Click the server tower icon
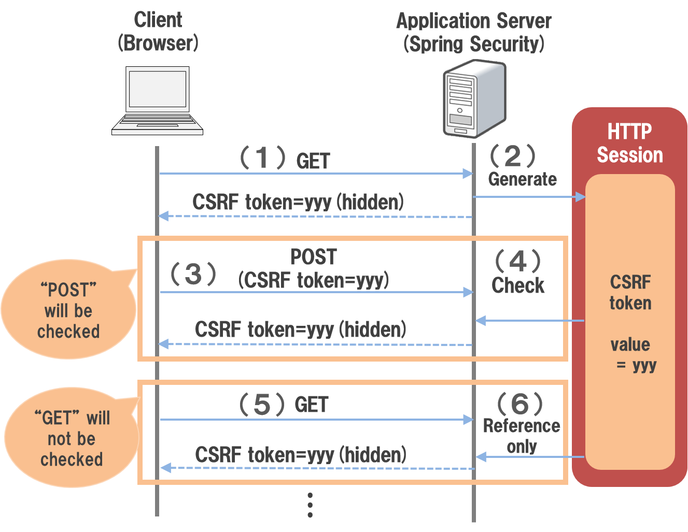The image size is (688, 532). click(x=473, y=99)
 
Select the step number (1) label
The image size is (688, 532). click(x=262, y=157)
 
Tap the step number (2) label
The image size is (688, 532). click(x=512, y=156)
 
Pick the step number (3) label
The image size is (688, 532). click(x=193, y=274)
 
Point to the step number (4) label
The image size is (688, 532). click(x=517, y=261)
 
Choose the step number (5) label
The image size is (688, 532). click(x=262, y=405)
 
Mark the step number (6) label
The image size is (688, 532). click(x=519, y=404)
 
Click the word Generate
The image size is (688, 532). click(x=522, y=179)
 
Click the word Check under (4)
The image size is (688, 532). click(x=518, y=285)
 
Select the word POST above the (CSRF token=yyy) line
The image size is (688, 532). click(x=314, y=257)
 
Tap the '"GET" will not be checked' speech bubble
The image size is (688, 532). click(x=71, y=438)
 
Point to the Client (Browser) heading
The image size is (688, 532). click(x=158, y=31)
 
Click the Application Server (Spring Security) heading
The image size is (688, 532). click(x=473, y=32)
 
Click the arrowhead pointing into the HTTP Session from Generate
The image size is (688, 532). click(x=581, y=197)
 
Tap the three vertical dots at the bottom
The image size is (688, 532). click(x=310, y=505)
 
